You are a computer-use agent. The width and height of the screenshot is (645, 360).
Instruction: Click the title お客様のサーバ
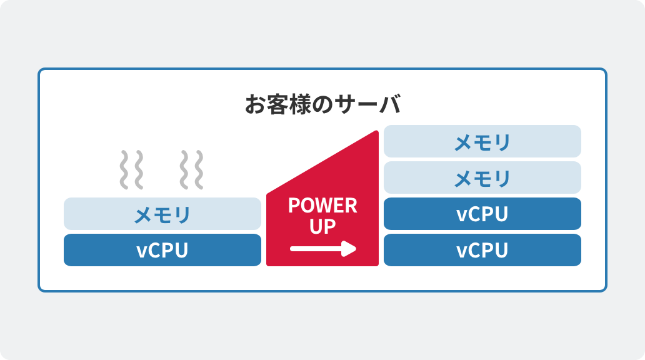pyautogui.click(x=322, y=104)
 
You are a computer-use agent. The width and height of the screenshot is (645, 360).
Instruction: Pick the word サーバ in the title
pyautogui.click(x=372, y=104)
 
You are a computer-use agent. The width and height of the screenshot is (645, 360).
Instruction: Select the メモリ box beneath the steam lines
pyautogui.click(x=162, y=214)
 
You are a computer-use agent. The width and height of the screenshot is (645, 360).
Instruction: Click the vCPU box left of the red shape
pyautogui.click(x=162, y=250)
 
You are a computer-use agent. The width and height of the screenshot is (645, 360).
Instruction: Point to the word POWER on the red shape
pyautogui.click(x=322, y=205)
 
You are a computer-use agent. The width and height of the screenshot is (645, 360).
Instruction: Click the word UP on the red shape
pyautogui.click(x=322, y=226)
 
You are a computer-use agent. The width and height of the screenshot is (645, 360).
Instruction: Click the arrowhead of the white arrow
pyautogui.click(x=350, y=249)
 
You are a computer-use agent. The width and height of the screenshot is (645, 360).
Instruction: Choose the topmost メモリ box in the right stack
pyautogui.click(x=482, y=141)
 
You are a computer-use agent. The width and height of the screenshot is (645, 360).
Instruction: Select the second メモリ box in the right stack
pyautogui.click(x=482, y=177)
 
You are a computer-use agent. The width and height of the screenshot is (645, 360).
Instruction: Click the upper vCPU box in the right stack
pyautogui.click(x=482, y=214)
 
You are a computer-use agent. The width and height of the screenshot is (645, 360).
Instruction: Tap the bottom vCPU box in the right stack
pyautogui.click(x=482, y=250)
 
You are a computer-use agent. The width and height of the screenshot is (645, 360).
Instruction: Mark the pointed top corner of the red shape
pyautogui.click(x=376, y=133)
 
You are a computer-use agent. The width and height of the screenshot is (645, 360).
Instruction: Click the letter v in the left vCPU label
pyautogui.click(x=141, y=251)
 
